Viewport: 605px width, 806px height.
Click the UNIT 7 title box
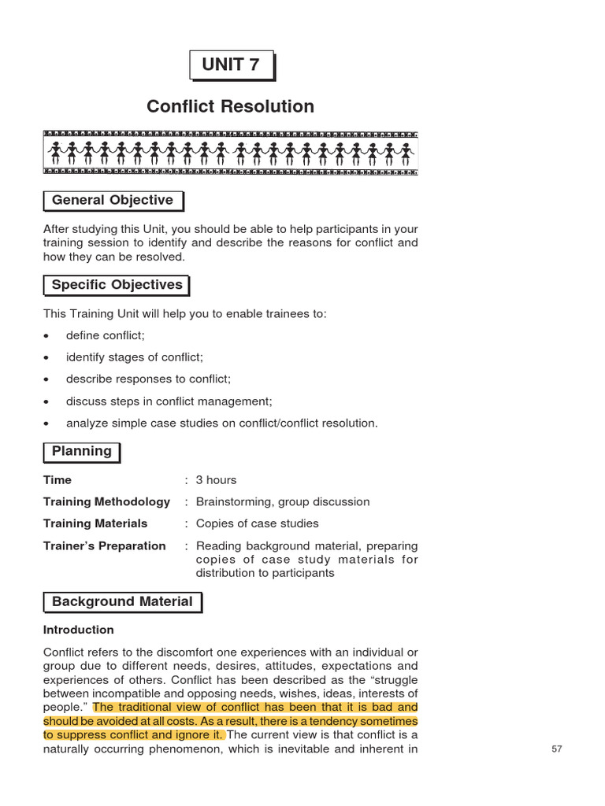point(230,65)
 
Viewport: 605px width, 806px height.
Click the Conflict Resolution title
point(230,106)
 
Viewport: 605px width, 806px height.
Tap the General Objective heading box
point(113,201)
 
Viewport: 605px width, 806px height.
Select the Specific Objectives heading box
point(117,285)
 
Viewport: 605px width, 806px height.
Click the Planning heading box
point(82,452)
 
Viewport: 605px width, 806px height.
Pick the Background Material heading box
point(122,602)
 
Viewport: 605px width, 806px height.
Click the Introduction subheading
point(78,630)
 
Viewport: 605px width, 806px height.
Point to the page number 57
point(557,749)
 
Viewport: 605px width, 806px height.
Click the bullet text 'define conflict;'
point(106,335)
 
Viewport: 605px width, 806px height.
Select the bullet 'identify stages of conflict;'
point(134,357)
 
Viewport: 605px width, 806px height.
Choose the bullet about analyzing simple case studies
point(221,423)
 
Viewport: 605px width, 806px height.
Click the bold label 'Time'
point(58,480)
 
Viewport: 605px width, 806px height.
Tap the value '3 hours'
point(216,480)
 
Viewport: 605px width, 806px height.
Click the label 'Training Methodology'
point(106,501)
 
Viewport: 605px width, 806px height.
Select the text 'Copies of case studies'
point(257,523)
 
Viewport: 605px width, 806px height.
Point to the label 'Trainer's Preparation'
point(104,545)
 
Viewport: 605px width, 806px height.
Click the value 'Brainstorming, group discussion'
point(282,501)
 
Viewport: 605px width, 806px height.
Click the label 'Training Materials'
point(95,523)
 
